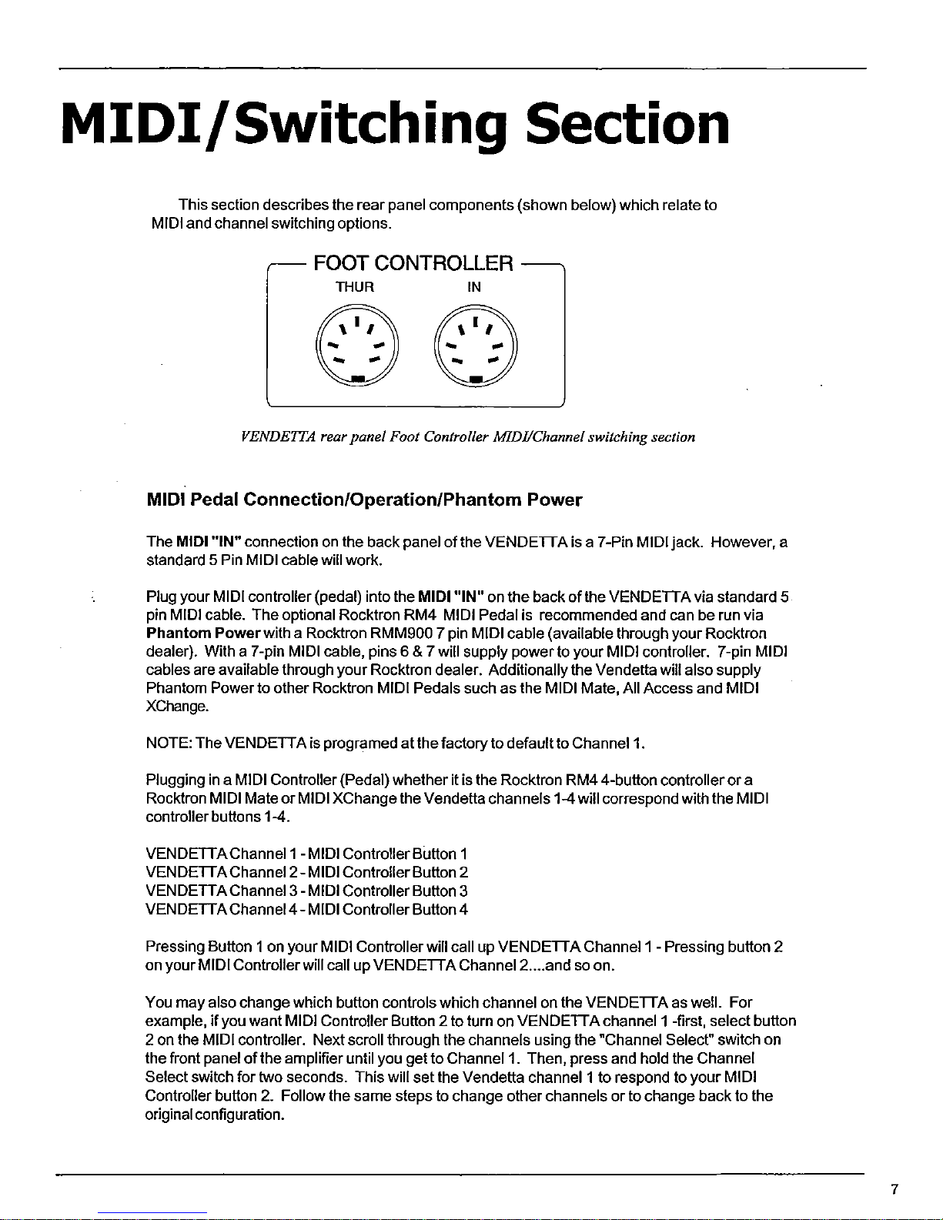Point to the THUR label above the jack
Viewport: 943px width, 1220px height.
tap(355, 288)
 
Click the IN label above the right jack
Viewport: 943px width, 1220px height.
tap(474, 288)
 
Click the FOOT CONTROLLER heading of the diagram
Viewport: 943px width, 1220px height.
tap(413, 265)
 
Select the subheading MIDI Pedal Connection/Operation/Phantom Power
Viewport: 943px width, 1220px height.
tap(364, 500)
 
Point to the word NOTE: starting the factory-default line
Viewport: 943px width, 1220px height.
tap(169, 744)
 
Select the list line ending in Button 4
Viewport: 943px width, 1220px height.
tap(306, 909)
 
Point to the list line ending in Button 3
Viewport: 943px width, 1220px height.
tap(306, 891)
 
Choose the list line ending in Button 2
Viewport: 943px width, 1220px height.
tap(306, 872)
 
